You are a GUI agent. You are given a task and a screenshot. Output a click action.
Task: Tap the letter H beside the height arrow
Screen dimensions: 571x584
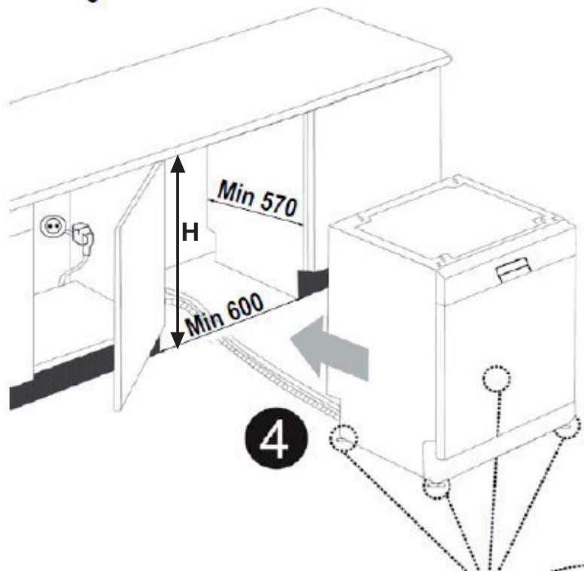click(190, 233)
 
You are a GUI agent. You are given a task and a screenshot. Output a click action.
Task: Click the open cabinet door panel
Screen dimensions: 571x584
click(140, 293)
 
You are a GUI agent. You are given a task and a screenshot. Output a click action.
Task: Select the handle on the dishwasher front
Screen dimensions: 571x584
click(512, 268)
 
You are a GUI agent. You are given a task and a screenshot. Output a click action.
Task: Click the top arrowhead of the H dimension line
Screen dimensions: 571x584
click(177, 162)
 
